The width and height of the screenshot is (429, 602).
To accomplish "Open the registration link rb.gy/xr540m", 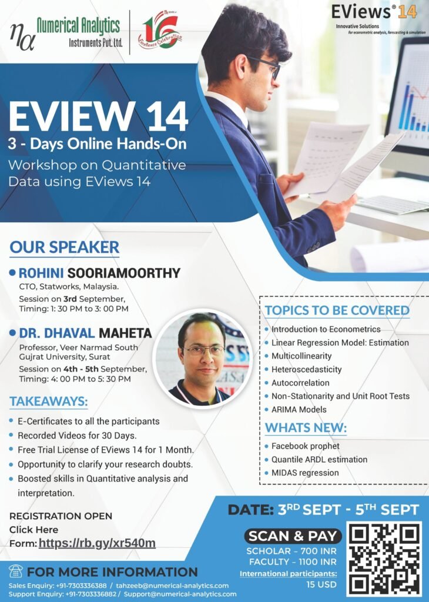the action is pos(97,543).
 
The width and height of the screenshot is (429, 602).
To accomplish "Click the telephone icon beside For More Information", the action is pos(15,571).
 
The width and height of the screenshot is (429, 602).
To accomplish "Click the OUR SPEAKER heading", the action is pos(65,248).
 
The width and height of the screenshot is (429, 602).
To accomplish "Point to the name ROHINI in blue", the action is pos(41,273).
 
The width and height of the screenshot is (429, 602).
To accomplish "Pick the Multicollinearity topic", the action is pos(301,356).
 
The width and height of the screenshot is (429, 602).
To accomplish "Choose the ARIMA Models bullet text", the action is pos(299,410).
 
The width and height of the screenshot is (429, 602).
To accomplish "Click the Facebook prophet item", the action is pos(306,446).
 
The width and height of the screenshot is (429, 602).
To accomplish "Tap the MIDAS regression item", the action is pos(305,473).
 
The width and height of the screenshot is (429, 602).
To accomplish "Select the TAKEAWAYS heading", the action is pos(49,402).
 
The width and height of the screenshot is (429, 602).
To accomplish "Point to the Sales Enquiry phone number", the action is pos(81,586).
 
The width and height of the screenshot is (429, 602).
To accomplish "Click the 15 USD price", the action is pos(321,585).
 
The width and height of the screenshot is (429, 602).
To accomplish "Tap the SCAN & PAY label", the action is pos(293,536).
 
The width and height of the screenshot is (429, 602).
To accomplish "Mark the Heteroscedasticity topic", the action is pos(307,370).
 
